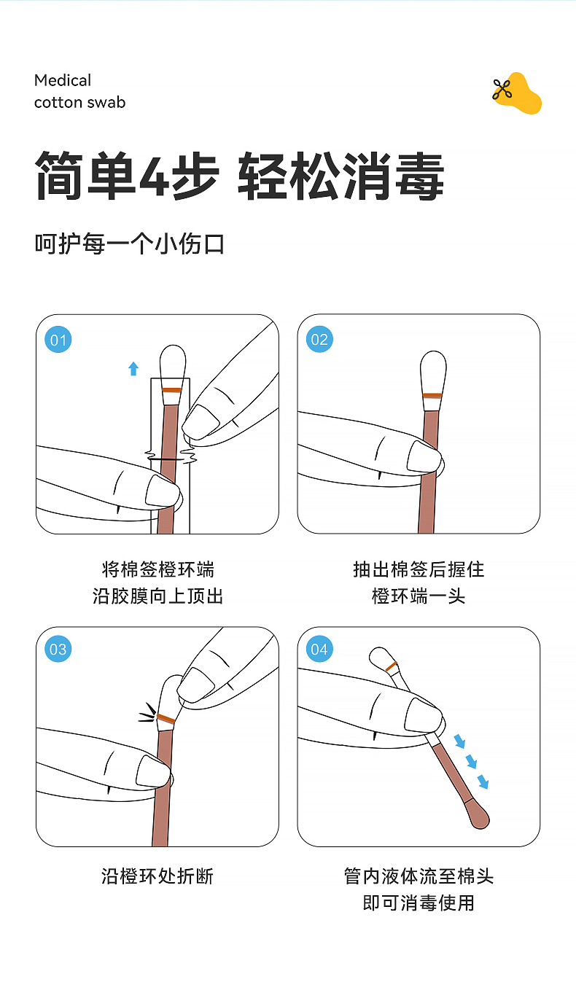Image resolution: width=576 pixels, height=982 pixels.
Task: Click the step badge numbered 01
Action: pos(58,340)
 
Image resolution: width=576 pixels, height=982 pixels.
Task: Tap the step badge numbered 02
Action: pos(319,339)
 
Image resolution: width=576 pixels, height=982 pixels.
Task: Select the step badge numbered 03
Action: pos(58,649)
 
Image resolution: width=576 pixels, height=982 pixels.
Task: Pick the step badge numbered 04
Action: pos(319,649)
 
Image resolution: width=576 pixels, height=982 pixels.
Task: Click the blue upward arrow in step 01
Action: pos(133,369)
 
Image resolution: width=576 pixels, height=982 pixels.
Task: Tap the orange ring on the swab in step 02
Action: pos(432,395)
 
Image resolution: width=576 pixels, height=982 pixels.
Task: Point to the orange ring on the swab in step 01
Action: pos(172,390)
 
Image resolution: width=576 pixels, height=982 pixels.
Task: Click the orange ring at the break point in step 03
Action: pos(166,718)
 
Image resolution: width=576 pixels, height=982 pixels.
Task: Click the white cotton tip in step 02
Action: pos(433,372)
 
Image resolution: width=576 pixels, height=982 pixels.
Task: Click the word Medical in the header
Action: pos(63,80)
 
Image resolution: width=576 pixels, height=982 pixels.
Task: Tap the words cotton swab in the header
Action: pos(79,103)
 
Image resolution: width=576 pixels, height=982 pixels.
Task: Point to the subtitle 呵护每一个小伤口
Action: pos(130,244)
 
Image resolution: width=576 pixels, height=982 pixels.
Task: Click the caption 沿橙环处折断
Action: pos(157,876)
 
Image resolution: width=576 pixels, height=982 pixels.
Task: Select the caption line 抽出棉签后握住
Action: pos(419,569)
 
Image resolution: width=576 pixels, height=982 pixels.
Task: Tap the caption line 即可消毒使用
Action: pos(419,903)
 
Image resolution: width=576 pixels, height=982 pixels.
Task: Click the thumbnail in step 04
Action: pos(423,714)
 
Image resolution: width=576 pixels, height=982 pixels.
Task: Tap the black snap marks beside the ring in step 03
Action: pos(147,713)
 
